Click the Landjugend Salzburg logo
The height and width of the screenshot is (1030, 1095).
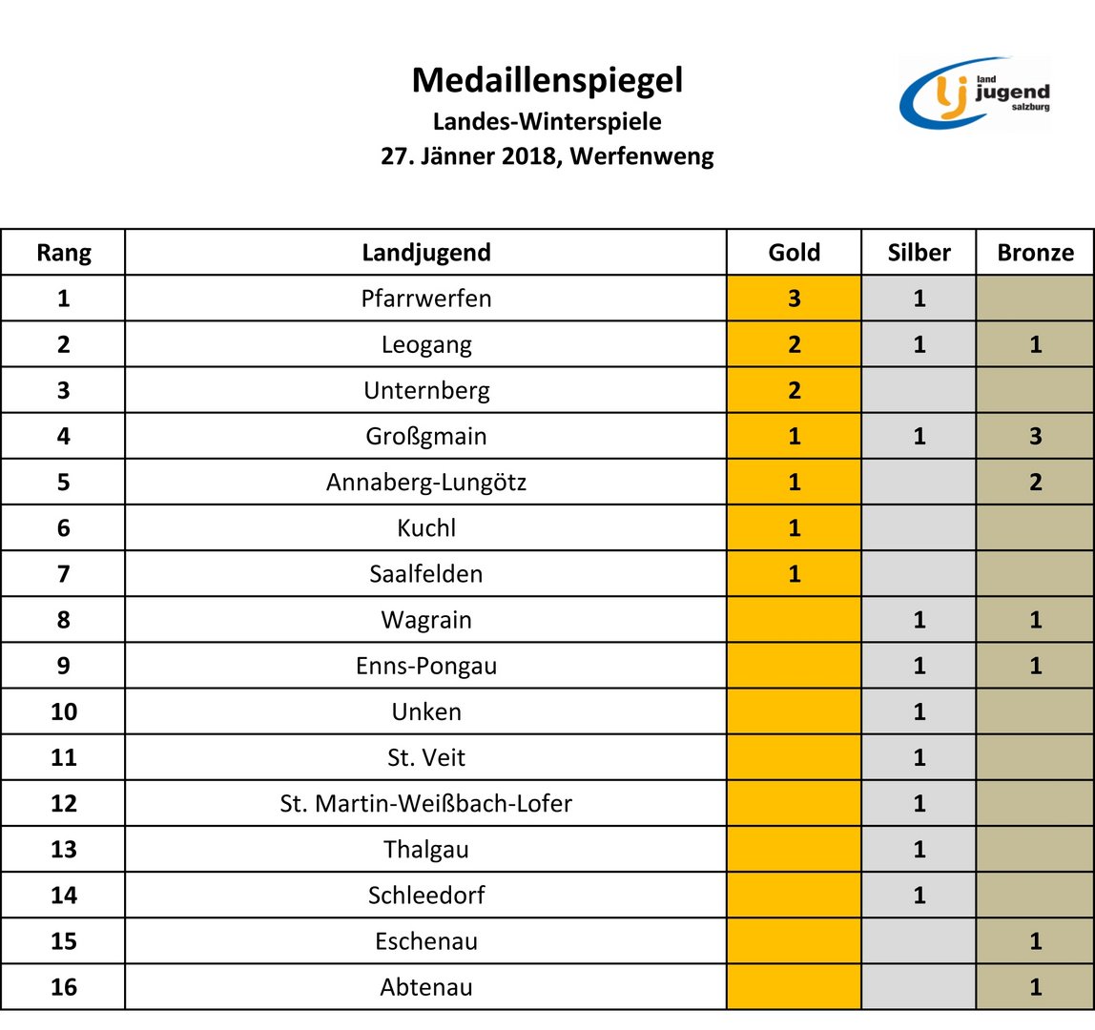975,93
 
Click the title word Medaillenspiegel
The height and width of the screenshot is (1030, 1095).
547,81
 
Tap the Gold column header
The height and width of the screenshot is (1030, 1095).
794,253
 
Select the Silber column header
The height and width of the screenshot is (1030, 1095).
919,253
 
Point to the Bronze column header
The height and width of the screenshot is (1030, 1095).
1035,253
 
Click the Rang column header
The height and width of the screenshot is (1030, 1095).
64,253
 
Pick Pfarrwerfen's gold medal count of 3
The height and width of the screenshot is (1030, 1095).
794,299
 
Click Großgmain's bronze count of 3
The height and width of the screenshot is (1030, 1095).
1035,437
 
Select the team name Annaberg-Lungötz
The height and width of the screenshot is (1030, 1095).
426,483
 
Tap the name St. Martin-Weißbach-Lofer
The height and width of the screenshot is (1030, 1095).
426,804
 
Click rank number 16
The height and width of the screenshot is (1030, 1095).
64,987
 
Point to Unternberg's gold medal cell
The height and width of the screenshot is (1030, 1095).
794,390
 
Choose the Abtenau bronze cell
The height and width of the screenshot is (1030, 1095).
1035,987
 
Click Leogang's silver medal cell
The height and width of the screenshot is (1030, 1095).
919,344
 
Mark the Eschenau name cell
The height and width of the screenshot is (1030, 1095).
426,941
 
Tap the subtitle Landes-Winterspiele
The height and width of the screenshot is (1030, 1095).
547,122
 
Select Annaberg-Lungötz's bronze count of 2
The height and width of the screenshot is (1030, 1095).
1035,483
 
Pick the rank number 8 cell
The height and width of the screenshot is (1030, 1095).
64,620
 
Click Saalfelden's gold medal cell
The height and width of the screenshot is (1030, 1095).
794,574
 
